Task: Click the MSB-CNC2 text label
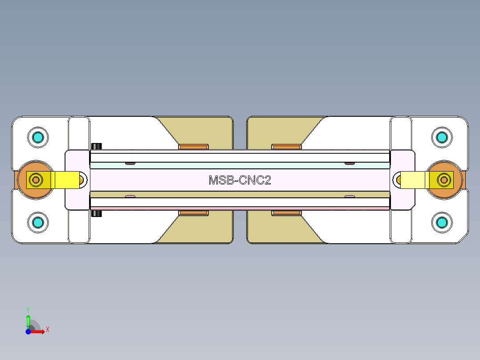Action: click(240, 180)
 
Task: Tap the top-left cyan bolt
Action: click(37, 137)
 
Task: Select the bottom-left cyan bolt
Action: click(37, 221)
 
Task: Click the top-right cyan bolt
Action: click(442, 137)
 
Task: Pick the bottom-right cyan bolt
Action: click(442, 221)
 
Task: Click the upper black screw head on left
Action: click(96, 147)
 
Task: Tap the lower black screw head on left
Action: click(96, 214)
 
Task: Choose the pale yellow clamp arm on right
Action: click(413, 180)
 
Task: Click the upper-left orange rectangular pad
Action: click(193, 147)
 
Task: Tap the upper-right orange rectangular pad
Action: click(286, 147)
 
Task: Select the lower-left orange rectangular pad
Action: click(193, 213)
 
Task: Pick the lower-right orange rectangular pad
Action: click(286, 213)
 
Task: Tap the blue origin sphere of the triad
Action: click(28, 331)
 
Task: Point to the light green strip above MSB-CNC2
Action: click(240, 165)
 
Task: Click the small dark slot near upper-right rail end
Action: click(350, 164)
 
